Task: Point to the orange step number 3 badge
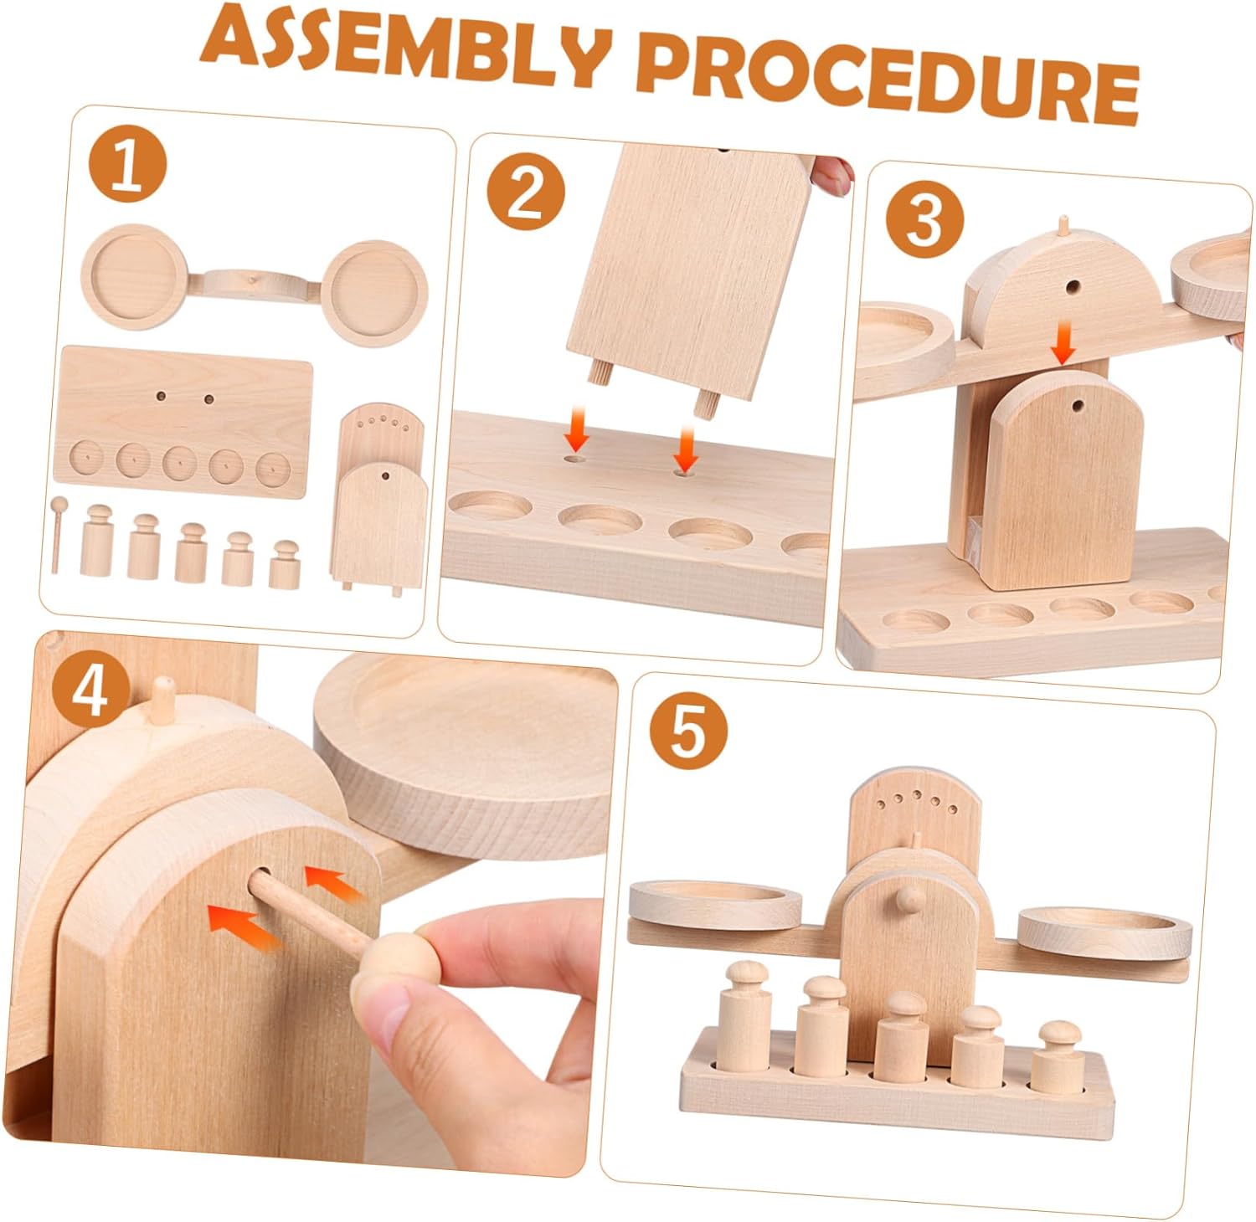coord(925,219)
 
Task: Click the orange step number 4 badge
coord(90,691)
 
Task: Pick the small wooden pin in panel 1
coord(57,534)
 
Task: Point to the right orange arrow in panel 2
coord(686,448)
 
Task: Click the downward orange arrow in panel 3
coord(1064,344)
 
